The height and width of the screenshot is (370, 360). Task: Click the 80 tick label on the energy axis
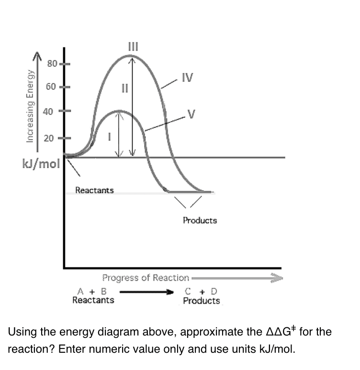point(52,63)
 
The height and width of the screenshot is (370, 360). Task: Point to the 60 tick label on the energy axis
point(52,87)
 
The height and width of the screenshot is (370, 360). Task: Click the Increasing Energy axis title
point(30,105)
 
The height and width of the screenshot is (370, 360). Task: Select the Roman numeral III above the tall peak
point(133,46)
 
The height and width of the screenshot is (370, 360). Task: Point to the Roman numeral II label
point(125,88)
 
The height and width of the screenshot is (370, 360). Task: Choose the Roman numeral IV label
point(187,77)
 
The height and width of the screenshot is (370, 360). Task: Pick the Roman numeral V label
point(191,114)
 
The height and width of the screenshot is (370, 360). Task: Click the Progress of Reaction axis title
point(146,278)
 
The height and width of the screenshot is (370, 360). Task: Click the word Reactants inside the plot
point(94,190)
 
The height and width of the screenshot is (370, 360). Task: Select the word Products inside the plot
point(200,220)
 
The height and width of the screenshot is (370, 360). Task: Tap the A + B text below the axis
point(91,291)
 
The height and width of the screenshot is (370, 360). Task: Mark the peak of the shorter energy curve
point(119,111)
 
